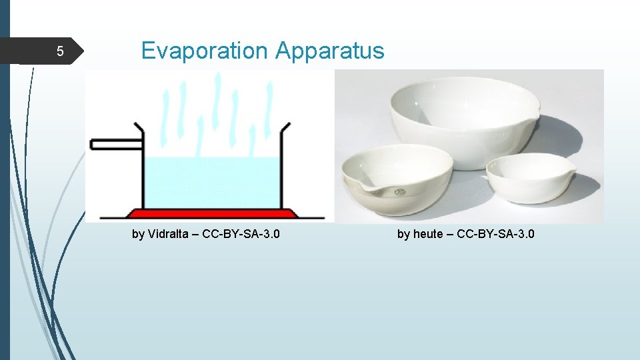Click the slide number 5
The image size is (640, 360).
click(59, 52)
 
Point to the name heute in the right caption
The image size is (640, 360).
click(428, 234)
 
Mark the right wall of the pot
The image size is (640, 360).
click(283, 167)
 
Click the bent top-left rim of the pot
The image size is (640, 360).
click(138, 127)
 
